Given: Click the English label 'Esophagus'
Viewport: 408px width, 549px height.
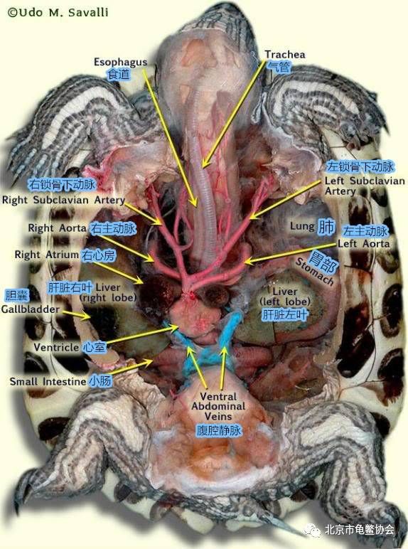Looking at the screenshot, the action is coord(120,63).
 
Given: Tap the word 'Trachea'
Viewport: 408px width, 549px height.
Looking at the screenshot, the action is coord(284,54).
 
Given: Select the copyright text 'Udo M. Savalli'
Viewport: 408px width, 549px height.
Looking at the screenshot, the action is coord(63,13).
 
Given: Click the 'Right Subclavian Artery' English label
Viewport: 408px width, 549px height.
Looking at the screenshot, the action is coord(63,200).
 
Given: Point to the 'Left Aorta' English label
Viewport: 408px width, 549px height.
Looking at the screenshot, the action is coord(363,243).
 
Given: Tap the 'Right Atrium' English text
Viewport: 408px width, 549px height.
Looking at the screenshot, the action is coord(46,255).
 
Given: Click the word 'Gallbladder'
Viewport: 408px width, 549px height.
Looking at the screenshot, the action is coord(30,309).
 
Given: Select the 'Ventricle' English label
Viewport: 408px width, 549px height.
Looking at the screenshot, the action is coord(56,347).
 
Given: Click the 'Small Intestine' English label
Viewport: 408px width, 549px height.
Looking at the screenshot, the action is coord(48,381).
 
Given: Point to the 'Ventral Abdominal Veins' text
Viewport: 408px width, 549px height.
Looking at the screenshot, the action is coord(218,406).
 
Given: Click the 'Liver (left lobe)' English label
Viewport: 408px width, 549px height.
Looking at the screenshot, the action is coord(285,297).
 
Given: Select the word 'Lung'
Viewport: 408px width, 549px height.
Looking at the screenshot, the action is coord(302,226).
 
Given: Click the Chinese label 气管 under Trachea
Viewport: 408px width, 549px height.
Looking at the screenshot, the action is coord(279,66).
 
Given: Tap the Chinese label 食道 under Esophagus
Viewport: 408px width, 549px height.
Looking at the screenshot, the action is coord(119,74).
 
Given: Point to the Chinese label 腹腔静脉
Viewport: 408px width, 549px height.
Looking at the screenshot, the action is coord(219,430).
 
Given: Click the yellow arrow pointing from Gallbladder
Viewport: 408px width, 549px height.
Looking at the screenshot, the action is coord(76,314).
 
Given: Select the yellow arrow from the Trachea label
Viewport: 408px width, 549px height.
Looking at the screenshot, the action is coord(233,114).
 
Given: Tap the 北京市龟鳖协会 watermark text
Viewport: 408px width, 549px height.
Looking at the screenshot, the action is coord(360,530).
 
